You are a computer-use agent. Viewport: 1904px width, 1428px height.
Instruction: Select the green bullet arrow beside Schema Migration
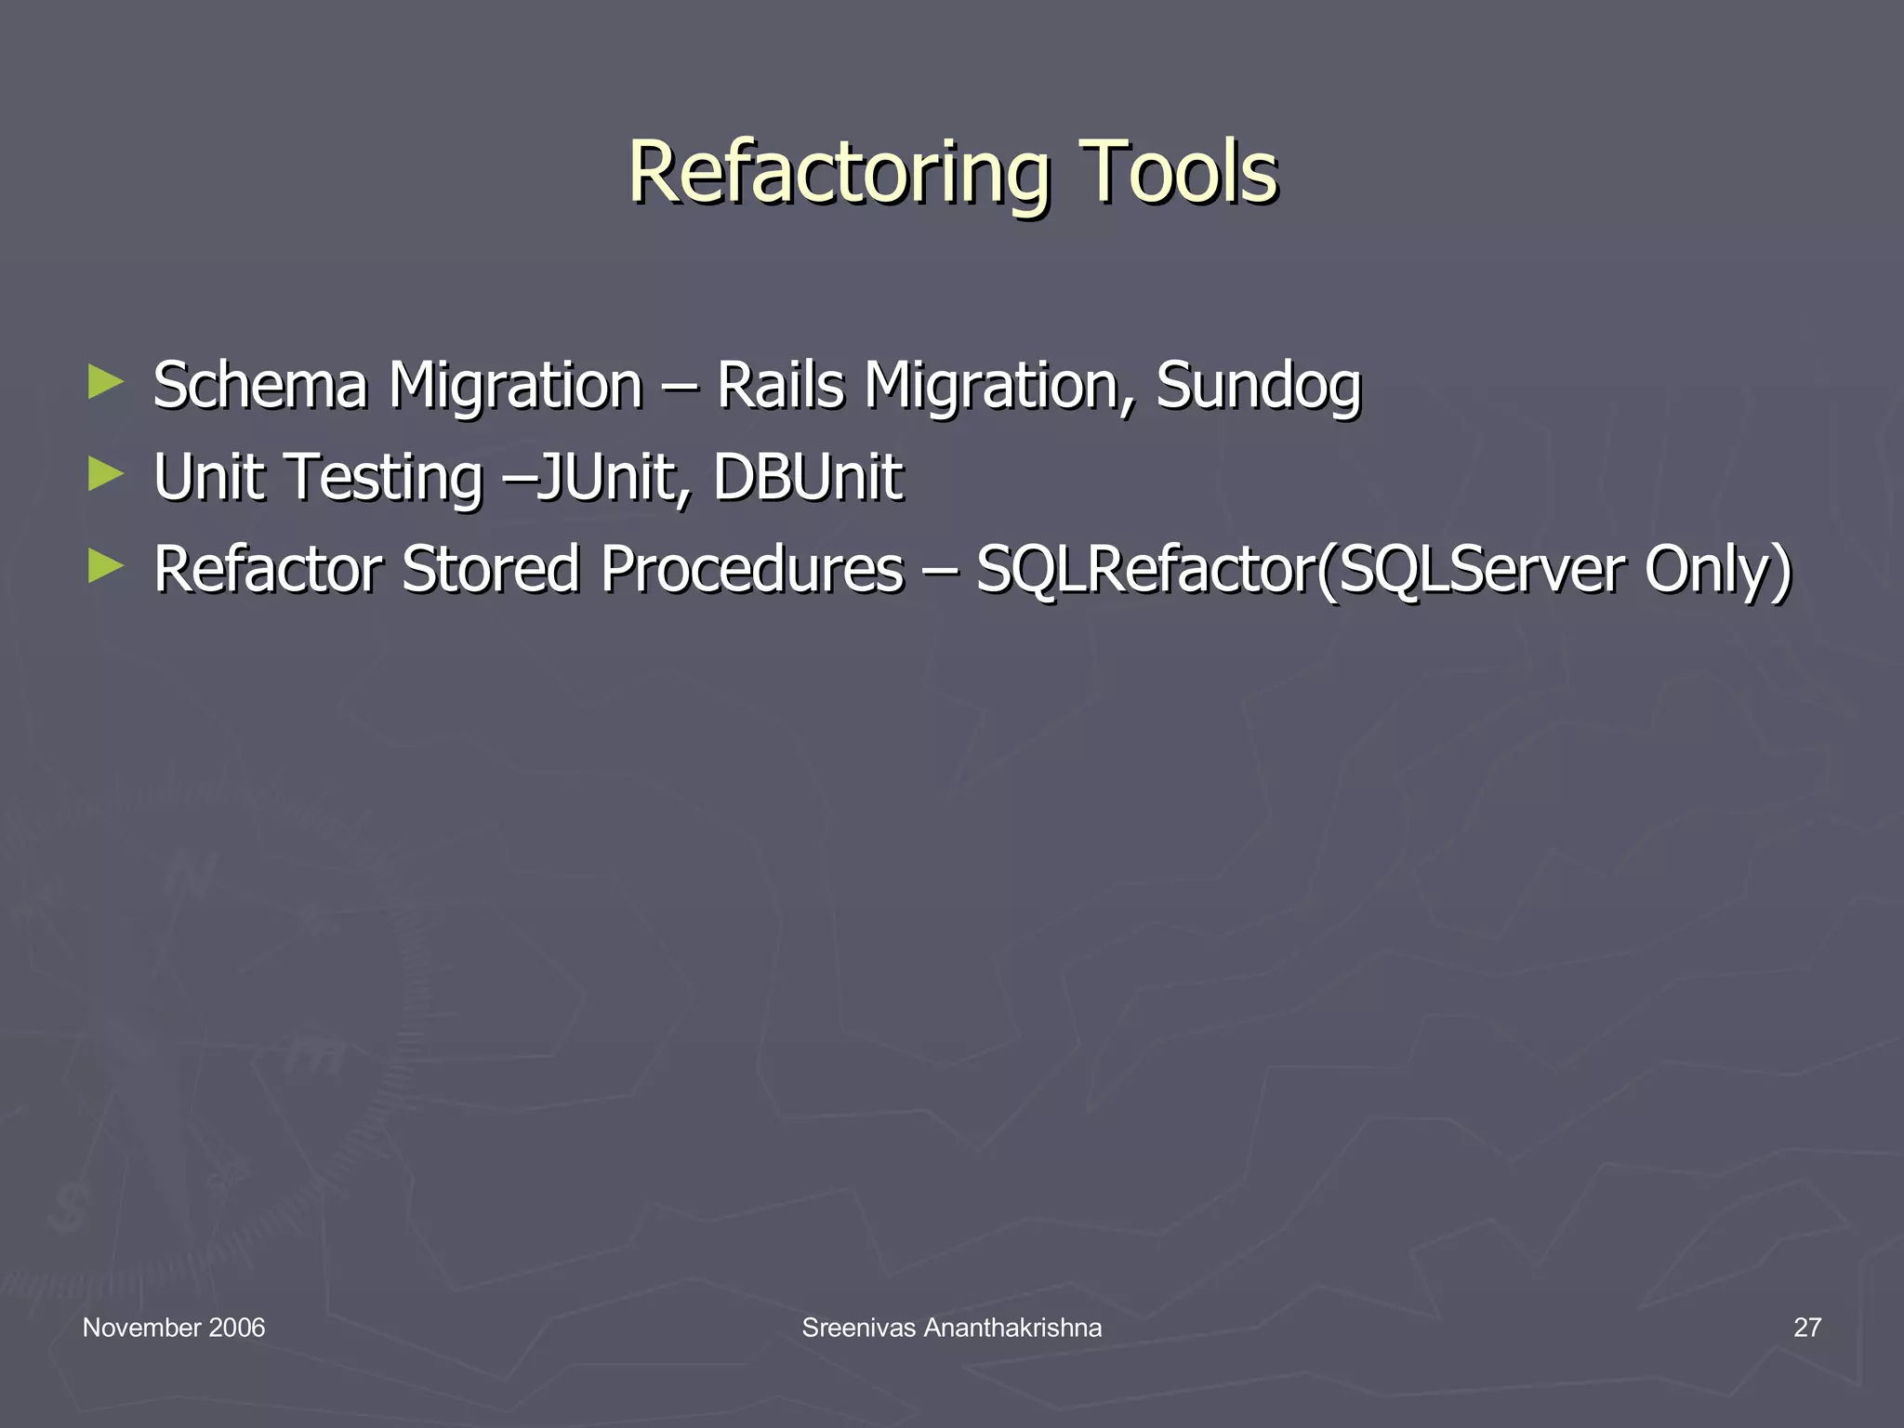pos(106,382)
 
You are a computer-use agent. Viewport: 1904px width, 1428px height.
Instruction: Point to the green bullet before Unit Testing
pos(106,474)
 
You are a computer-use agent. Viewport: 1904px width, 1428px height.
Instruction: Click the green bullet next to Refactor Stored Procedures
pos(106,566)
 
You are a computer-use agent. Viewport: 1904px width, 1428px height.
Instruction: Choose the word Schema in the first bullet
pos(260,385)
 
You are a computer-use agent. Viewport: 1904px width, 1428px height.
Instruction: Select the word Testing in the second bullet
pos(384,478)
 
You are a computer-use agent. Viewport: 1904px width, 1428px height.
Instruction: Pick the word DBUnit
pos(808,477)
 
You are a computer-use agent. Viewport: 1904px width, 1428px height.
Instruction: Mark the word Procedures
pos(752,569)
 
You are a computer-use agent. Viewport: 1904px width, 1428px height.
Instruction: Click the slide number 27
pos(1806,1328)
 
